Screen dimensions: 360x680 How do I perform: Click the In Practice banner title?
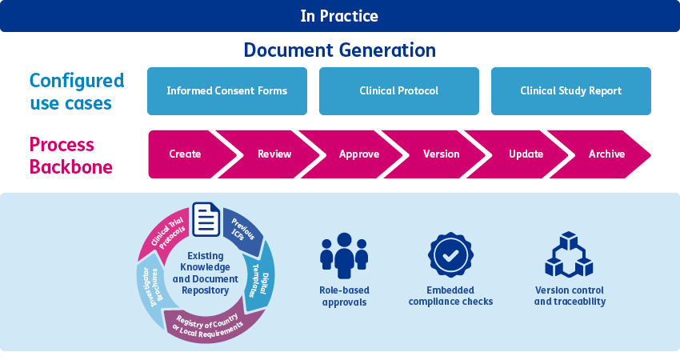pos(339,16)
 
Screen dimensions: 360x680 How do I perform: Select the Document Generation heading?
pos(339,50)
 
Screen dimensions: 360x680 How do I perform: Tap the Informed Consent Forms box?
pos(227,90)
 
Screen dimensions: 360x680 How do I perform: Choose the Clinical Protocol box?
pos(398,90)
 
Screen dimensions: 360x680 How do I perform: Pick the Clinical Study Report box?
pos(570,90)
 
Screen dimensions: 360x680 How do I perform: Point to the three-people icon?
pos(343,256)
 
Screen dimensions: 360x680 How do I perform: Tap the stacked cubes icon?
pos(569,256)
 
